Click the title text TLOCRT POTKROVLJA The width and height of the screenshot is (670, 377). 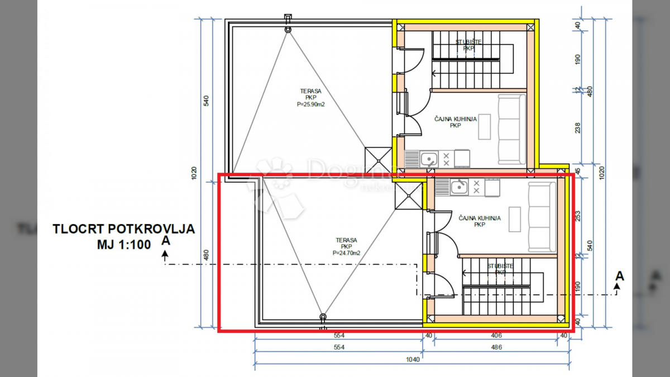(x=123, y=229)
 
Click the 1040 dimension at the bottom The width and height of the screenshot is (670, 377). (x=413, y=360)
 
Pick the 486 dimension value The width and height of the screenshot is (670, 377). (x=496, y=347)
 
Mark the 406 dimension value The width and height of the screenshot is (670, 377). (x=496, y=336)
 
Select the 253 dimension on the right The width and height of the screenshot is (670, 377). (x=577, y=215)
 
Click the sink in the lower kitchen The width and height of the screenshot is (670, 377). (x=460, y=187)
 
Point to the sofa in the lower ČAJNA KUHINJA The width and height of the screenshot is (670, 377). (x=542, y=217)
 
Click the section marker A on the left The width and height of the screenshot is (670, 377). (x=165, y=241)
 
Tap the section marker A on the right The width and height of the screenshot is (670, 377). (x=619, y=276)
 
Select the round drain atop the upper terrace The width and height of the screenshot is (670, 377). (x=288, y=28)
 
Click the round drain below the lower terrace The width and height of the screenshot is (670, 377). (x=323, y=317)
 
